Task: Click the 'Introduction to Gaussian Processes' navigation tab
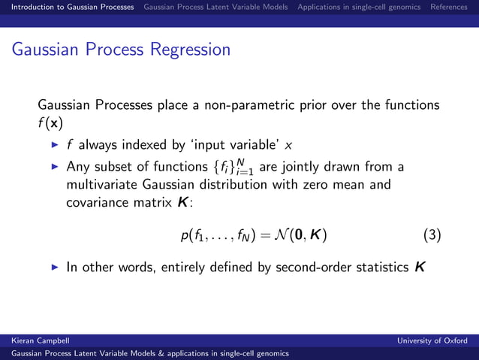(68, 7)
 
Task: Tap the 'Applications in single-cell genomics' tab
(359, 7)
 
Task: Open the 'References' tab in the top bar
(448, 7)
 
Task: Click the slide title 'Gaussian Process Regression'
(121, 50)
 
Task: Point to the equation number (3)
(432, 235)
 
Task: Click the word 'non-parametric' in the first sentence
(236, 104)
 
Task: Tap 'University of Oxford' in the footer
(432, 340)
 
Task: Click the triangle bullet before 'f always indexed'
(54, 144)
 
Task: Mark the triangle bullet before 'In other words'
(54, 267)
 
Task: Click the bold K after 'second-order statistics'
(419, 267)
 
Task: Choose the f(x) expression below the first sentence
(51, 123)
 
